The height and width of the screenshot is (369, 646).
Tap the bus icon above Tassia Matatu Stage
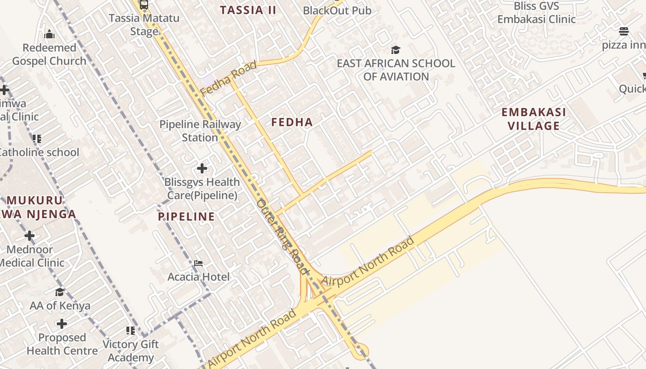point(144,5)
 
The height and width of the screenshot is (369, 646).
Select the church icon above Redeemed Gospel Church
point(49,34)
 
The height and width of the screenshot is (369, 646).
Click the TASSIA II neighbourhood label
point(248,10)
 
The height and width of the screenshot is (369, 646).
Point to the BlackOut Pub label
point(337,10)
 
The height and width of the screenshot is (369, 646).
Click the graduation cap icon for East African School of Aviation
point(395,50)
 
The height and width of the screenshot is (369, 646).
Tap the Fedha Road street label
point(228,78)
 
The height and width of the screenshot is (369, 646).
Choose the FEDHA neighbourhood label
point(292,122)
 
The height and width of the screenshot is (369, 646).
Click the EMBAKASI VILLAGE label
point(533,119)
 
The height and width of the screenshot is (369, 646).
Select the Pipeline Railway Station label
point(200,131)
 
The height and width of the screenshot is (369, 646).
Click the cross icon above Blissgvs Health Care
point(202,168)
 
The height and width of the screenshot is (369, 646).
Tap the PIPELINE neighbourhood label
point(186,217)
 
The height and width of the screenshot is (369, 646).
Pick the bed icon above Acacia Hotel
point(198,263)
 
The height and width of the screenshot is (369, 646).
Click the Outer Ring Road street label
point(282,235)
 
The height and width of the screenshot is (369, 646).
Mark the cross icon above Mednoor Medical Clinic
point(30,236)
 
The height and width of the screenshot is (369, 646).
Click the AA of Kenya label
point(60,306)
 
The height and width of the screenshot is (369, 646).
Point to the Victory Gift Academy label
point(131,351)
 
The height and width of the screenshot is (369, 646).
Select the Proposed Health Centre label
point(62,344)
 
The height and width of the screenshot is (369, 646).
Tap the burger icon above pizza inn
point(623,31)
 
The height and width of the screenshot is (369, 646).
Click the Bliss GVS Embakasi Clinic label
point(536,12)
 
